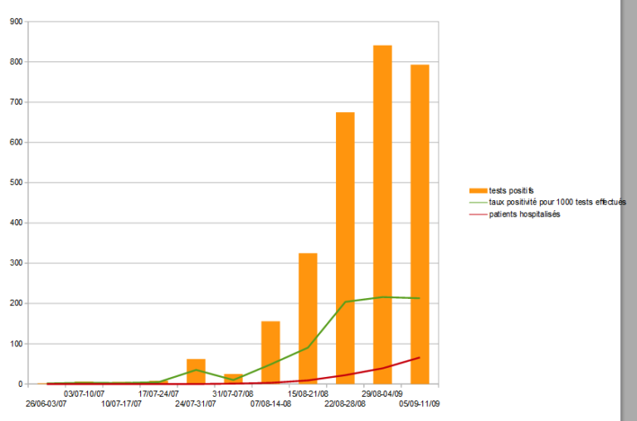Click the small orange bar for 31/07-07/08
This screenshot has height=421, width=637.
pos(233,378)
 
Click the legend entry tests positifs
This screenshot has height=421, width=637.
pos(512,190)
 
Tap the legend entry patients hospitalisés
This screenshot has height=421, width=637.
pos(524,214)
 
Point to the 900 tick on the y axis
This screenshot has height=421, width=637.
pos(16,22)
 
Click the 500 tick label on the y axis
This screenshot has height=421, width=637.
pos(16,183)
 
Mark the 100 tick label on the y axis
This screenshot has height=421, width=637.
pos(16,344)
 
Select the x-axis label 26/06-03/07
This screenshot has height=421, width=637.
pos(46,404)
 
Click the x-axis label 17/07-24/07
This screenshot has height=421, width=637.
pos(158,394)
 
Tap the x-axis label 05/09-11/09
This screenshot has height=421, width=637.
pos(420,404)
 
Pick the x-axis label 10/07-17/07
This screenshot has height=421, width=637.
pos(121,404)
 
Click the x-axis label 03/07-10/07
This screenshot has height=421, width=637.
pos(84,394)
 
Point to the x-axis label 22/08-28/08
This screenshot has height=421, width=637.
pos(345,404)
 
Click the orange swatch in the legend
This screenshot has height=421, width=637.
pos(478,190)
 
